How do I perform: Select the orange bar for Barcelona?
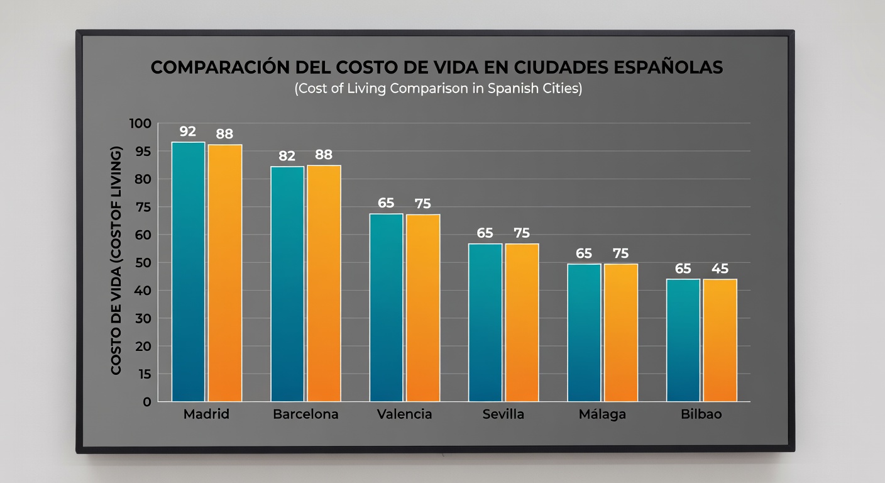(324, 283)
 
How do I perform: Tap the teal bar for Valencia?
(386, 308)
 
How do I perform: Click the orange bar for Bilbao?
(720, 340)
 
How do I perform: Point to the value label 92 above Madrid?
(188, 131)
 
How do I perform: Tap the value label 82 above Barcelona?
(287, 156)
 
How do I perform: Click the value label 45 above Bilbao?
(720, 269)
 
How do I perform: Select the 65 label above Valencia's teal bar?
(386, 203)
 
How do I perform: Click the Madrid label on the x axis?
(206, 414)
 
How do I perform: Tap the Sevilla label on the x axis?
(503, 414)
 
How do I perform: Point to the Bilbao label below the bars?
(701, 414)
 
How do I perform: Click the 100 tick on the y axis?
(140, 123)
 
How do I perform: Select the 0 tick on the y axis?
(146, 401)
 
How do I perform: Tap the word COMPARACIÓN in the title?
(220, 68)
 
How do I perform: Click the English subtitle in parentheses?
(438, 88)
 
